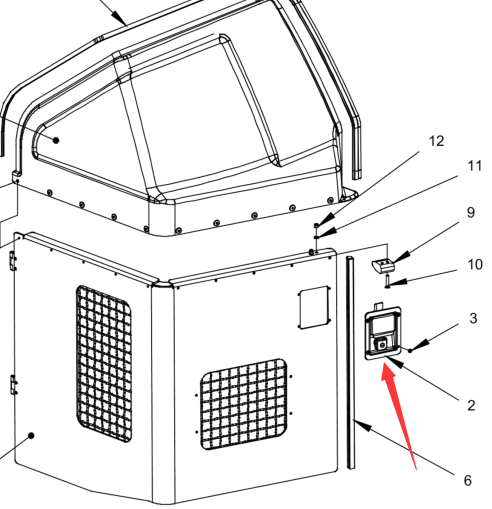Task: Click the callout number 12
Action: [436, 141]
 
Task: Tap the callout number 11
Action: [475, 166]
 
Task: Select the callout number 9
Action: [471, 213]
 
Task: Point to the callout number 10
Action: [475, 264]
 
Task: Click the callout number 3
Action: [473, 318]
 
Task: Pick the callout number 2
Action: [471, 405]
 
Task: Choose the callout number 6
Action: [468, 480]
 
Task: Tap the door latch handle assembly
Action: [383, 333]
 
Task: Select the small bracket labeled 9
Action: [383, 265]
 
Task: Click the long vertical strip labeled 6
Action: [350, 363]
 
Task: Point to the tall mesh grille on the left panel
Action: [104, 363]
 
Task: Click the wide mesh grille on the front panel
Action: [244, 404]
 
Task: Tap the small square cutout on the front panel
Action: [314, 307]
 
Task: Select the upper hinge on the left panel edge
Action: [13, 261]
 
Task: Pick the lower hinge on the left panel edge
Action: [13, 385]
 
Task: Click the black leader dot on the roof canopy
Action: [56, 140]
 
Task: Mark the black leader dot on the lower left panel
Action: [31, 436]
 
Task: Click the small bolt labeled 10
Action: [387, 281]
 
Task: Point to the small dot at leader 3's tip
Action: [410, 350]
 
